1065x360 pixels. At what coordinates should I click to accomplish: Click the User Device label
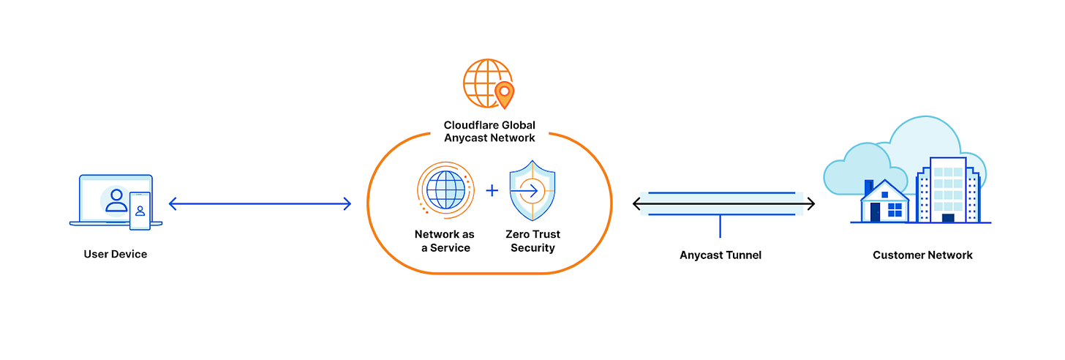(115, 255)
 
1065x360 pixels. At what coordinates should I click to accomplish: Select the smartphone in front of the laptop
(140, 211)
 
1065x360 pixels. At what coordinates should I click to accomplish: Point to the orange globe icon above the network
(486, 83)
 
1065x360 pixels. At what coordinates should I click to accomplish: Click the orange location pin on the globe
(504, 94)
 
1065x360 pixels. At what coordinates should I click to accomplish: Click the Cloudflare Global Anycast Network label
(489, 132)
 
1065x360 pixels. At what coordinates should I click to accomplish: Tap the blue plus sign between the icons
(492, 190)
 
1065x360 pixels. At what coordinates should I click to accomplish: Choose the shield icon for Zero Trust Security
(532, 190)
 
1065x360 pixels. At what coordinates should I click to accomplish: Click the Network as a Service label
(444, 241)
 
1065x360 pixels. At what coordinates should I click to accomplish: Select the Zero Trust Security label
(532, 241)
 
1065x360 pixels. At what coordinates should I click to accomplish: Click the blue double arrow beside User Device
(260, 204)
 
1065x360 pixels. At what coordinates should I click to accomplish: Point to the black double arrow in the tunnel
(723, 204)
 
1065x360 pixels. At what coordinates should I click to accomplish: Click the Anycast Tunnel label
(720, 255)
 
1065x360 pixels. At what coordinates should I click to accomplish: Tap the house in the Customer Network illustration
(884, 203)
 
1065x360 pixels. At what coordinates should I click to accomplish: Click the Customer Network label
(922, 255)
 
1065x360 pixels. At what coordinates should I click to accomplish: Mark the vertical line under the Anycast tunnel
(720, 226)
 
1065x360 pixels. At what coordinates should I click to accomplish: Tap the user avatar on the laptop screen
(116, 199)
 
